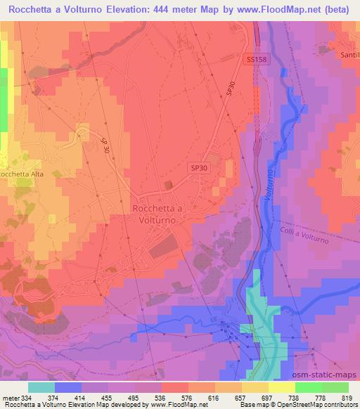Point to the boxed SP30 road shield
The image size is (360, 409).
(x=199, y=169)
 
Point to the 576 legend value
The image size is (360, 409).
(x=174, y=397)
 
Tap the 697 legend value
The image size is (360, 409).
(x=257, y=397)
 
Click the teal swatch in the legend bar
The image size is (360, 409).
(x=41, y=387)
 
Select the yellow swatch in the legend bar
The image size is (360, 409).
(x=282, y=387)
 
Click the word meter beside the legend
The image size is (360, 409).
(x=9, y=397)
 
